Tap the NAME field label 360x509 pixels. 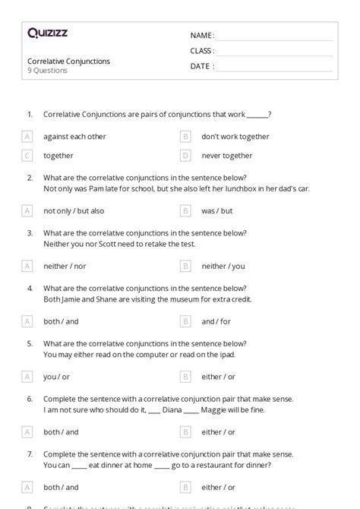[202, 35]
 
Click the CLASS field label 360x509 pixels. [202, 51]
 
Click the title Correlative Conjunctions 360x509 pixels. [69, 61]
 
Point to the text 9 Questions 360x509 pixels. [48, 71]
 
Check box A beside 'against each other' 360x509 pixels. [27, 137]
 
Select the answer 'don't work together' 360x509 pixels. [235, 137]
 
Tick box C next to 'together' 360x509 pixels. [27, 156]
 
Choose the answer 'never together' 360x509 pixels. [227, 156]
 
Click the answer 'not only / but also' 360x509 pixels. [74, 210]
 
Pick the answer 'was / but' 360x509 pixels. [216, 210]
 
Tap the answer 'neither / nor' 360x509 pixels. [65, 266]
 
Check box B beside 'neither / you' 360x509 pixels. [185, 266]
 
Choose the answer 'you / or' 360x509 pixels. [56, 376]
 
